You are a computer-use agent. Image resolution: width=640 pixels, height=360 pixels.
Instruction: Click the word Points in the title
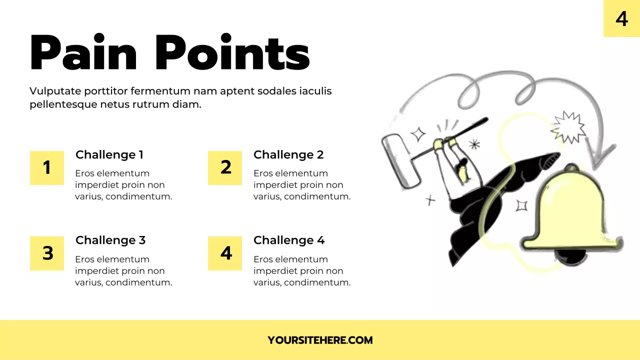coord(232,53)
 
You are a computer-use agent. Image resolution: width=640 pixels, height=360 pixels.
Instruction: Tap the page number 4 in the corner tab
coord(621,18)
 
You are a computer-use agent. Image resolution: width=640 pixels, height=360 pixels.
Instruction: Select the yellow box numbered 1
coord(47,168)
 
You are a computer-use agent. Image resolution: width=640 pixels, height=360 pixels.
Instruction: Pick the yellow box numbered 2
coord(225,168)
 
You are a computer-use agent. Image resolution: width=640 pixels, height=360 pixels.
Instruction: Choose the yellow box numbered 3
coord(47,253)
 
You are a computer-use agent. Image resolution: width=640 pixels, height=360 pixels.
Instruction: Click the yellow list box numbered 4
coord(225,253)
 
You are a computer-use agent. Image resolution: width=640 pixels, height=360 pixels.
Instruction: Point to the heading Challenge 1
coord(109,155)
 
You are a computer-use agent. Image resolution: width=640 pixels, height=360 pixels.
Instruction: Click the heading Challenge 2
coord(288,155)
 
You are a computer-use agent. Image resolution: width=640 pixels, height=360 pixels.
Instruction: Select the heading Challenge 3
coord(110,240)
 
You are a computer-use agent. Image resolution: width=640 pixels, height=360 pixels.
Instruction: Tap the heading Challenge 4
coord(289,240)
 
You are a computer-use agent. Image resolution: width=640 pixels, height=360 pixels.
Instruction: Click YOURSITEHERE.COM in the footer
coord(320,340)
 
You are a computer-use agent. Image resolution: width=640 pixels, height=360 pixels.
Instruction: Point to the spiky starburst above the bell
coord(568,128)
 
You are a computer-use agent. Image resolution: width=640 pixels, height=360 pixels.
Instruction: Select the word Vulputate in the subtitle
coord(55,91)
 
